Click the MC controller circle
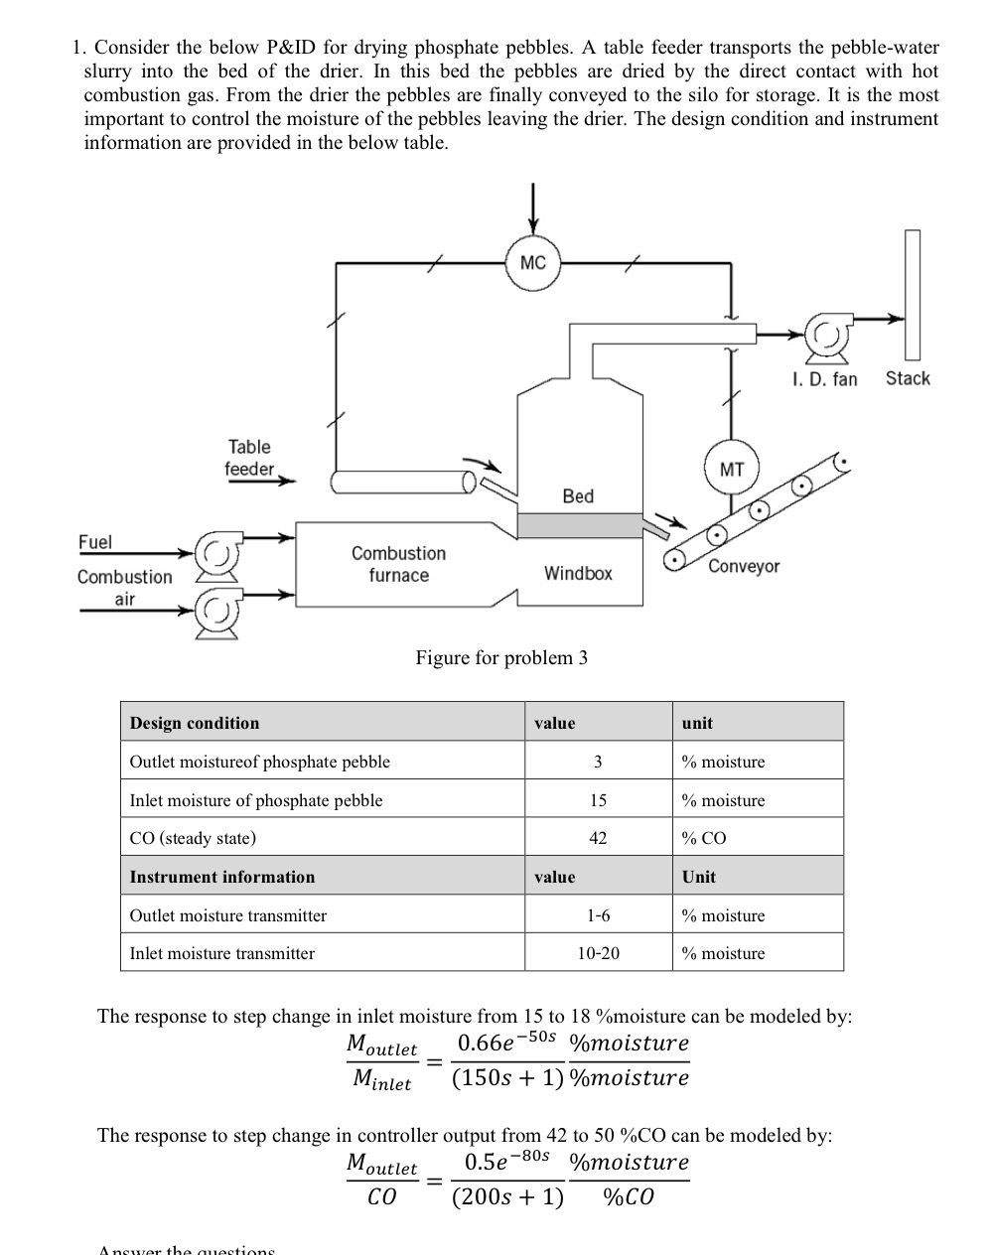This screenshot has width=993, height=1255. click(533, 262)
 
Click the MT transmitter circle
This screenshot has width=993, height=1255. click(731, 470)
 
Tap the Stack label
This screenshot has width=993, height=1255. click(908, 378)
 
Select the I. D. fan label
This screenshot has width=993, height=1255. click(824, 378)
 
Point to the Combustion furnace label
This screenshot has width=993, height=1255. click(398, 564)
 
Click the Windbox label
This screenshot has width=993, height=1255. click(578, 573)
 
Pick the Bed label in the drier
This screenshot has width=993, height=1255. click(578, 495)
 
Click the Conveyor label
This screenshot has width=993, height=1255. click(744, 566)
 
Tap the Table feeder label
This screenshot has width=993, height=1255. click(248, 458)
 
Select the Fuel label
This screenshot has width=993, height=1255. click(95, 541)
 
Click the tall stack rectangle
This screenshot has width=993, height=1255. click(912, 294)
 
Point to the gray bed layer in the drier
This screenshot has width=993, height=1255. click(580, 525)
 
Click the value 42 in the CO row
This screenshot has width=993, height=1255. click(598, 838)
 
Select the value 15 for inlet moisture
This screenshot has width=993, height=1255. click(598, 800)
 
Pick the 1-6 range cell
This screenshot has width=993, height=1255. click(598, 915)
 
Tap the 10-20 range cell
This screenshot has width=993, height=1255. click(598, 953)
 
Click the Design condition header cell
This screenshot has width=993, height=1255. click(195, 723)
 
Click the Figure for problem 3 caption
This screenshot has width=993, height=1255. click(501, 657)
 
